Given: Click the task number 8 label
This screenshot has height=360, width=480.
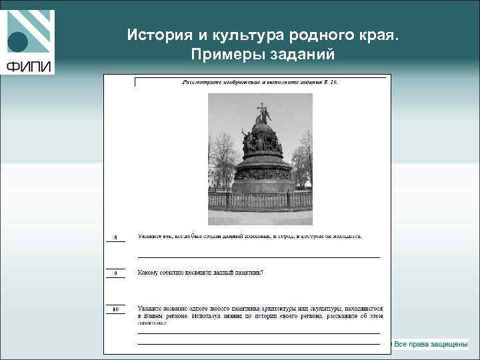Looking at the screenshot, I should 115,237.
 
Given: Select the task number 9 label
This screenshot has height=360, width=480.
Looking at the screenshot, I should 115,273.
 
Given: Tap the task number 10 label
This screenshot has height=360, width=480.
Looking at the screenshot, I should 115,310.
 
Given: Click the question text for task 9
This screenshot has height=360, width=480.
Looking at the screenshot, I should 200,272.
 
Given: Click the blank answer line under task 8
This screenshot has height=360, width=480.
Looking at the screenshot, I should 259,257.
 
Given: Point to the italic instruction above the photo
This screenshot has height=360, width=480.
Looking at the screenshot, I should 260,83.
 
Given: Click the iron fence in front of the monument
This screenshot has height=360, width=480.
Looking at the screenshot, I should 260,199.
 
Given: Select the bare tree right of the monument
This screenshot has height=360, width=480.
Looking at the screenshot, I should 303,157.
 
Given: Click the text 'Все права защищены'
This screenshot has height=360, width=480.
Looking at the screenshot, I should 431,344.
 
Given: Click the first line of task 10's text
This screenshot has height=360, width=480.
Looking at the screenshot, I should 260,309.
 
